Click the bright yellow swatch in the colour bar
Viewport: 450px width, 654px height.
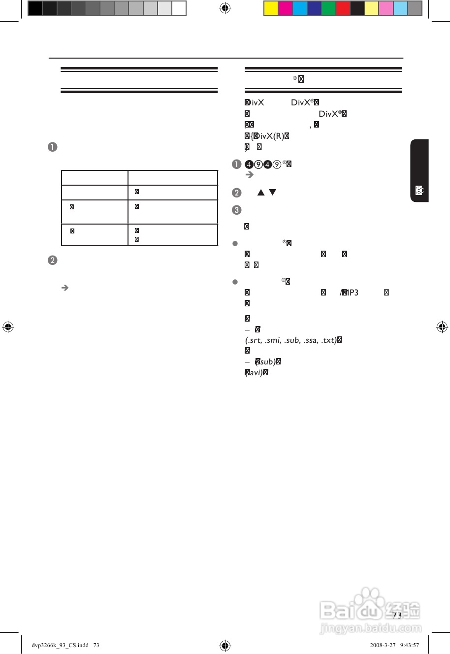(x=271, y=8)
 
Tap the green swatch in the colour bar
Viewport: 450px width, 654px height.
(x=328, y=8)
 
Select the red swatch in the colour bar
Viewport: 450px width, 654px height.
(x=343, y=8)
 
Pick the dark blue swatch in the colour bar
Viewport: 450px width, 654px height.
(x=314, y=8)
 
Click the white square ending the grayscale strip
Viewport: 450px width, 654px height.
(x=179, y=8)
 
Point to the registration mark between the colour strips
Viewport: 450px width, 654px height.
(x=225, y=8)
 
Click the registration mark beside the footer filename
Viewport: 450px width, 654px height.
(x=225, y=645)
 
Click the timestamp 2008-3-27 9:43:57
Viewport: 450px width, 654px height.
(x=394, y=645)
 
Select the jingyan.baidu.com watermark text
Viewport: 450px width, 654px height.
(x=371, y=628)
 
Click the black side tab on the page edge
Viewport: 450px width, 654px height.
(x=419, y=170)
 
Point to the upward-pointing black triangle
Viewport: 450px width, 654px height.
(x=261, y=192)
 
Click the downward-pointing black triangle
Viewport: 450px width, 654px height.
(x=273, y=192)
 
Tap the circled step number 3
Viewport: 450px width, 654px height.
(x=236, y=210)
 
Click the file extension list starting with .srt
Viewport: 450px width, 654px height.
(x=290, y=340)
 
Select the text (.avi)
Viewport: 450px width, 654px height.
(x=256, y=373)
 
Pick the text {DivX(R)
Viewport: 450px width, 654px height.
(x=268, y=136)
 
